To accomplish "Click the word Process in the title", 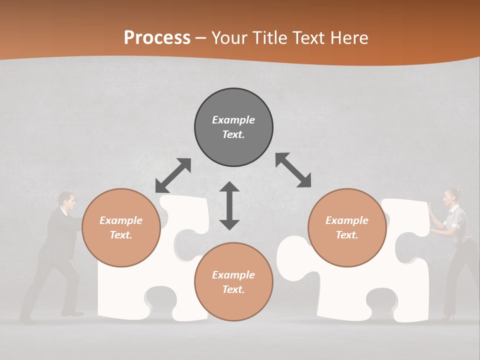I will click(157, 38).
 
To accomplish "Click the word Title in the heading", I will click(270, 38).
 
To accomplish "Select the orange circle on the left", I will click(121, 227).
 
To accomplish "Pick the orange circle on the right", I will click(347, 227).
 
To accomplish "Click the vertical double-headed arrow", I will click(229, 205).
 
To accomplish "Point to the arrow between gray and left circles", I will click(173, 175).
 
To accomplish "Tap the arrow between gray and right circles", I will click(293, 170).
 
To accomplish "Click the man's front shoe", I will click(73, 313).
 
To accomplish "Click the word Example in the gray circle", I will click(233, 120).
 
